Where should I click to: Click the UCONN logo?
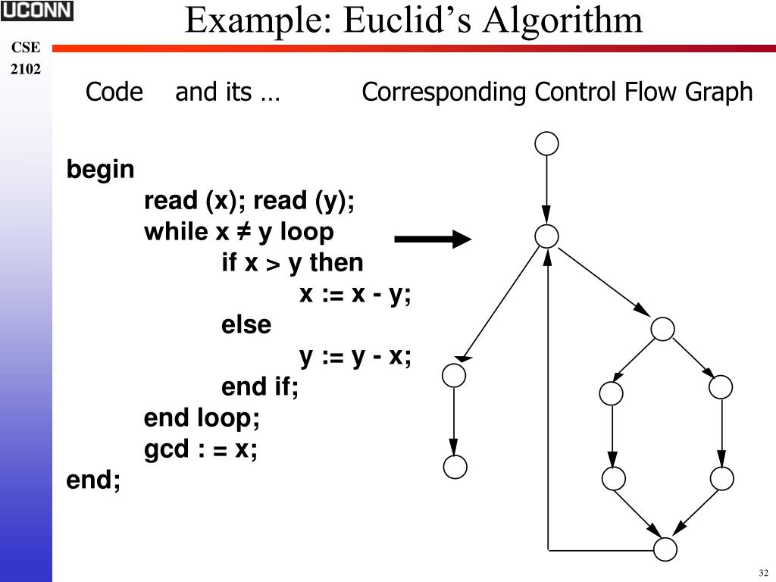pyautogui.click(x=36, y=11)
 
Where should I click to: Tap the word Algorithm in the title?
pyautogui.click(x=564, y=20)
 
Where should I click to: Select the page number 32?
pyautogui.click(x=762, y=572)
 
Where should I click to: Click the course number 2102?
pyautogui.click(x=26, y=70)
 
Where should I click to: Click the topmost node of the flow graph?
pyautogui.click(x=546, y=143)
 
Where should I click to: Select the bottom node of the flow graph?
pyautogui.click(x=665, y=549)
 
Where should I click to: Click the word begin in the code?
pyautogui.click(x=100, y=170)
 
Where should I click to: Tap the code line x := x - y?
pyautogui.click(x=355, y=294)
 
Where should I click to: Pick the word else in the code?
pyautogui.click(x=246, y=325)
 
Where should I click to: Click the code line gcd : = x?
pyautogui.click(x=201, y=449)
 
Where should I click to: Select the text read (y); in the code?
pyautogui.click(x=304, y=201)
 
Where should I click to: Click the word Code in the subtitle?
pyautogui.click(x=114, y=92)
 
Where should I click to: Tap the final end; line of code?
pyautogui.click(x=93, y=480)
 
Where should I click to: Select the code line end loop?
pyautogui.click(x=202, y=418)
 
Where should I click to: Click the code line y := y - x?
pyautogui.click(x=355, y=356)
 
